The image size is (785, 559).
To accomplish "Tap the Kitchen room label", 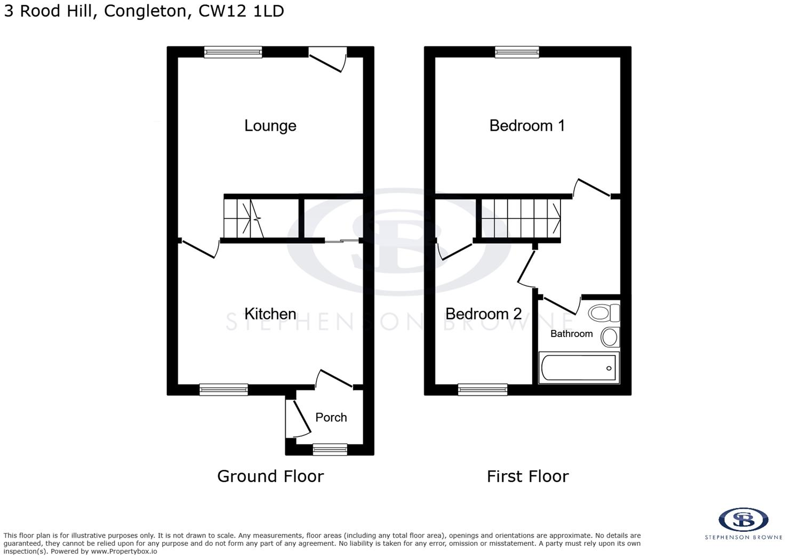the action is point(270,314).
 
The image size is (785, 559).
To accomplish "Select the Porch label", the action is point(331,418).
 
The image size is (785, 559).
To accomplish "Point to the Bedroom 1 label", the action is point(527,125).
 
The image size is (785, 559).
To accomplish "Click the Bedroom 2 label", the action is point(484,314).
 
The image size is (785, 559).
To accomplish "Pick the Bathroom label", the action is point(572,333).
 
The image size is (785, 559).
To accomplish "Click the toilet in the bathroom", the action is point(604,313).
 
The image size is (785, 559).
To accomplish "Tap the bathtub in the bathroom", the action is point(579,368).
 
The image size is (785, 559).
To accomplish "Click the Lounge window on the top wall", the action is point(234,52).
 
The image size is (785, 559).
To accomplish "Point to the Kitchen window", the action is point(223,390).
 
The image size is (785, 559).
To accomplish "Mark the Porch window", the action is point(330,449).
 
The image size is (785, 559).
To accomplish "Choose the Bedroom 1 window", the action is point(517,52).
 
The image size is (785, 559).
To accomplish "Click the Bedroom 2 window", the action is point(483,390).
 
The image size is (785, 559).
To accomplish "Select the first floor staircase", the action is point(521,218).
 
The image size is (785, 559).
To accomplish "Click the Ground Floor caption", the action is point(270,476).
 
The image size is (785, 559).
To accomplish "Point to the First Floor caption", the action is point(528,476).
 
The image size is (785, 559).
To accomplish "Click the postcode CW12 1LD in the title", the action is point(241,11).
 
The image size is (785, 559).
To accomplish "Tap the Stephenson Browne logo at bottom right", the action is point(743,524).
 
